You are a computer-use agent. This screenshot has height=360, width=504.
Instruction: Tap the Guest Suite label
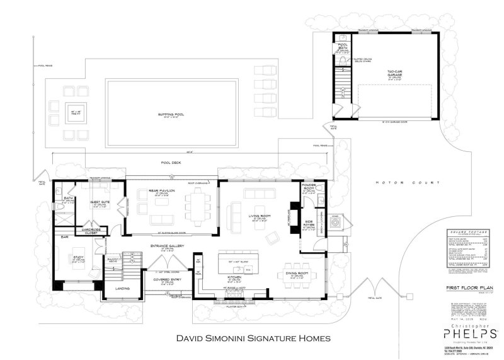click(x=95, y=202)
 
